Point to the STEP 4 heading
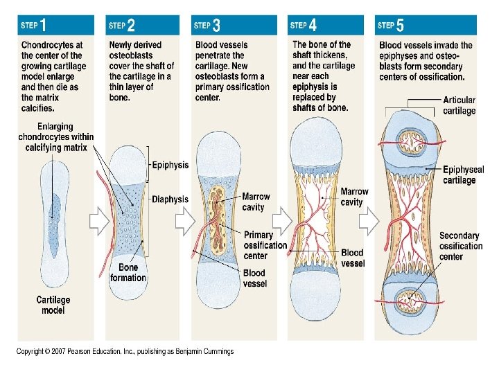[304, 25]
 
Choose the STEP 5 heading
[390, 25]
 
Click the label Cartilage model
[53, 305]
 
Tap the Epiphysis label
[170, 165]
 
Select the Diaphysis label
[170, 199]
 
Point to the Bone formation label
[128, 272]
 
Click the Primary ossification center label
[265, 245]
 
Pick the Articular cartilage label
[459, 105]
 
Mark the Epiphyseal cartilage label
[463, 175]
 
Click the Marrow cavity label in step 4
[353, 197]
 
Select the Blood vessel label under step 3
[254, 278]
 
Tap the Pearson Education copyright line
[125, 351]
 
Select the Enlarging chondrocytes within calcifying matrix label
[55, 137]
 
